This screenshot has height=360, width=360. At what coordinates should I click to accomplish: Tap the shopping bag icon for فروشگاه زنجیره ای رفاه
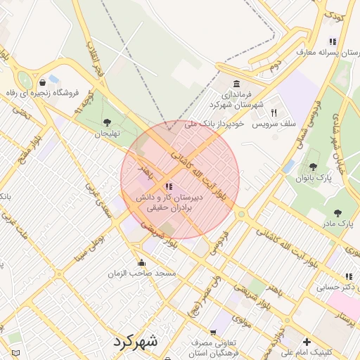point(43,82)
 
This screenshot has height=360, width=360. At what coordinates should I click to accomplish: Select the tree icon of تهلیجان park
point(106,122)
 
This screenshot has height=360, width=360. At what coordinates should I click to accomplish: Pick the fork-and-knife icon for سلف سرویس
point(274,112)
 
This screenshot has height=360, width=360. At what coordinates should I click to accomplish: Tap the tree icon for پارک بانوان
point(313,167)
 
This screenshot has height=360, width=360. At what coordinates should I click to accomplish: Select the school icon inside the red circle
point(167,186)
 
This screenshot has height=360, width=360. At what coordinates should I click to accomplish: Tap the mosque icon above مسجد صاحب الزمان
point(141,262)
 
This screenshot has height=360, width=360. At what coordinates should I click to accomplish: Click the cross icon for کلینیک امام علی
point(307,342)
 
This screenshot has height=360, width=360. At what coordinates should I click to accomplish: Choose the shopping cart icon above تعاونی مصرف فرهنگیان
point(213,333)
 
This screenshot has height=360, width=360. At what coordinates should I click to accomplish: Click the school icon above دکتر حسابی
point(348,276)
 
